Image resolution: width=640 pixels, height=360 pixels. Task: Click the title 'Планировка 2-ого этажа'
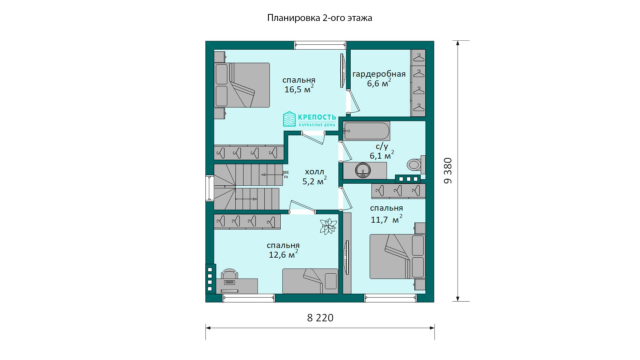(x=320, y=18)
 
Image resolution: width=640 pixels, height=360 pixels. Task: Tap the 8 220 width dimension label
(x=320, y=318)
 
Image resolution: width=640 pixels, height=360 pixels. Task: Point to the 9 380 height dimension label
(x=448, y=171)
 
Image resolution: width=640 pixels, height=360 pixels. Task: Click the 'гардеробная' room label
(x=379, y=74)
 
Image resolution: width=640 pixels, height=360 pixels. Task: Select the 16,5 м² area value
(x=299, y=89)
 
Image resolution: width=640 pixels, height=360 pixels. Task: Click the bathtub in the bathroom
(x=366, y=131)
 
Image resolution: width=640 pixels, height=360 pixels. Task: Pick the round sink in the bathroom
(x=362, y=170)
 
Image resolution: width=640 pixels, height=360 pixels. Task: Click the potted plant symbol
(x=328, y=227)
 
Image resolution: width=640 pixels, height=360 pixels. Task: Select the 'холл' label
(x=314, y=172)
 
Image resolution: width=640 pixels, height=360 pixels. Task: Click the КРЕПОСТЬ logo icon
(x=289, y=119)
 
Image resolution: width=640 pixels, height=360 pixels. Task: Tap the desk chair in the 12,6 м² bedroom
(x=230, y=274)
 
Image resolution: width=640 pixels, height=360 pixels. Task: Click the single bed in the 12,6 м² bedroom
(x=310, y=281)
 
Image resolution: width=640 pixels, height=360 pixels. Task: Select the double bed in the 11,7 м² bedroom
(x=397, y=256)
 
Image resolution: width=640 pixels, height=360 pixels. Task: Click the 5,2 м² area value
(x=314, y=181)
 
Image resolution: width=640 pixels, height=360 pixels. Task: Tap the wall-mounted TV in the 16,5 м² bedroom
(x=342, y=71)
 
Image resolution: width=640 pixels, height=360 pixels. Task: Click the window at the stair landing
(x=209, y=188)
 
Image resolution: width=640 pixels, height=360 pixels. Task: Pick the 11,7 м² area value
(x=387, y=219)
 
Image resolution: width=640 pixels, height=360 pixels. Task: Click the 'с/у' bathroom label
(x=382, y=146)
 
